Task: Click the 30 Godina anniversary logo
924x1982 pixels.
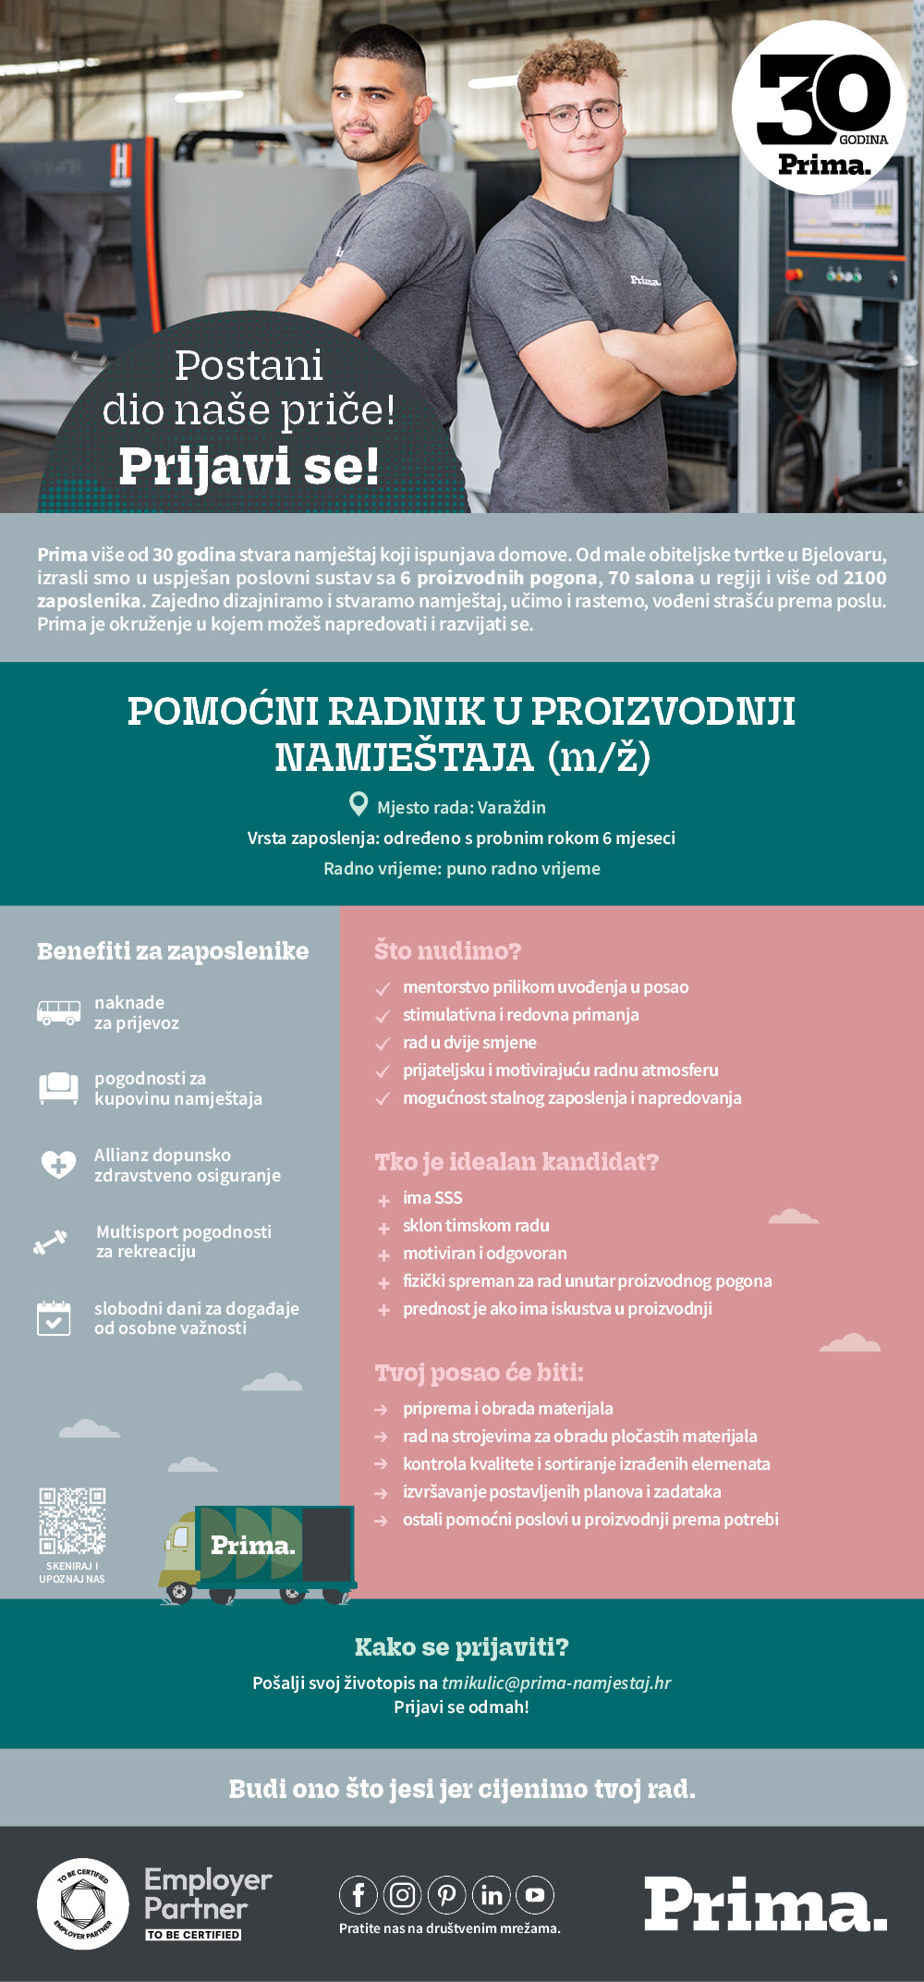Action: tap(821, 108)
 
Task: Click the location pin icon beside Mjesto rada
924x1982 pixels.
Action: tap(359, 804)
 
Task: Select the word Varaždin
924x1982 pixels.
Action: tap(512, 807)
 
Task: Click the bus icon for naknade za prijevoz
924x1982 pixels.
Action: tap(58, 1012)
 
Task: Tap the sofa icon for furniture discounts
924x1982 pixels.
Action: tap(58, 1087)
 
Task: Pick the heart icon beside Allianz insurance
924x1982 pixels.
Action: tap(58, 1164)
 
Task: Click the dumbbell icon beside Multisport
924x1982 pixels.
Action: tap(51, 1242)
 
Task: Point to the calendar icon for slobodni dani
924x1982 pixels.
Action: tap(54, 1317)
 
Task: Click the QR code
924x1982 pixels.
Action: tap(72, 1521)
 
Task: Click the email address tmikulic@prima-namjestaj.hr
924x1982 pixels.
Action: tap(556, 1682)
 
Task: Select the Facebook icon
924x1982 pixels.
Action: tap(359, 1895)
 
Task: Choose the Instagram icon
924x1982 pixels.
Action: tap(403, 1895)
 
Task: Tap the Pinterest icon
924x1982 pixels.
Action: tap(447, 1895)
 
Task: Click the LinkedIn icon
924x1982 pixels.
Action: tap(492, 1895)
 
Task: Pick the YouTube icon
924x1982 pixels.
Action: tap(535, 1895)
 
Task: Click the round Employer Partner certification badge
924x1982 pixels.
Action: tap(82, 1903)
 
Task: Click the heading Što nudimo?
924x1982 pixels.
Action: tap(448, 950)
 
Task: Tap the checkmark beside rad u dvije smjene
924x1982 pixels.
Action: tap(383, 1044)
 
